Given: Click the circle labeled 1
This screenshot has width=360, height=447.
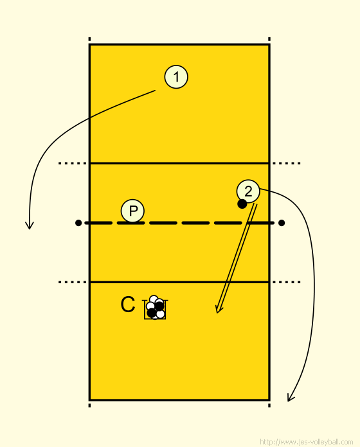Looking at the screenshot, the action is click(176, 76).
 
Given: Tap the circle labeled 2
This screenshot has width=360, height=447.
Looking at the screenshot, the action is click(248, 191).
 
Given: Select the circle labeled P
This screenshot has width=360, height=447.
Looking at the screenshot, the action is click(132, 211).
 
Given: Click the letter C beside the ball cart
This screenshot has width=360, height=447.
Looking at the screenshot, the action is click(127, 304).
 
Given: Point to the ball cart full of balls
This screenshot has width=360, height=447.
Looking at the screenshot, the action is click(155, 307).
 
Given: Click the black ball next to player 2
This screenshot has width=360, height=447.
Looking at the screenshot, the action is click(242, 204).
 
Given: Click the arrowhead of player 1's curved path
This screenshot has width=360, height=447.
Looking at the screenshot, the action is click(30, 225).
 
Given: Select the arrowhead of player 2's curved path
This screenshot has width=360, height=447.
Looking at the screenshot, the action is click(291, 398).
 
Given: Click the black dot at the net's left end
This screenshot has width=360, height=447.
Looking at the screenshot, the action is click(78, 223).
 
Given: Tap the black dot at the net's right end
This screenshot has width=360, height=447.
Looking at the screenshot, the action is click(282, 223).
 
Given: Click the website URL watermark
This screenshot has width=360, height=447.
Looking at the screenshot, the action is click(307, 442).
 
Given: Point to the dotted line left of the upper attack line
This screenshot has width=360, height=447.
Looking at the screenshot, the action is click(73, 163).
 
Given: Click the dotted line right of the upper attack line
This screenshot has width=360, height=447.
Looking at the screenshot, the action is click(286, 163).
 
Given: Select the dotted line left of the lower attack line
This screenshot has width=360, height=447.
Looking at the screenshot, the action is click(73, 282).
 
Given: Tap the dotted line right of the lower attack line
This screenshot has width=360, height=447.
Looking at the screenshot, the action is click(286, 282).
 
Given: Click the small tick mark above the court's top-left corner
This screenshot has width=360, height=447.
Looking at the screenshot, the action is click(89, 39).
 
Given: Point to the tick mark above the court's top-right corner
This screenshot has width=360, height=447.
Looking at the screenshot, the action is click(269, 39).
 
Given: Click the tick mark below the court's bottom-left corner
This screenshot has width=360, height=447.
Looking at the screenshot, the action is click(89, 405).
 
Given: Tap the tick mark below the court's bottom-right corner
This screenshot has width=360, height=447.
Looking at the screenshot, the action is click(269, 405).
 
